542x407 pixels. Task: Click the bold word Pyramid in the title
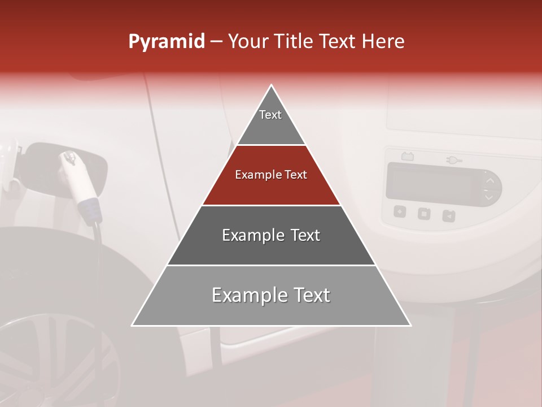pos(166,41)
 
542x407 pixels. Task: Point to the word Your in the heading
pos(248,41)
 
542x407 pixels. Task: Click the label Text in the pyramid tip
pos(270,115)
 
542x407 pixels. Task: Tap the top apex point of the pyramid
pos(272,85)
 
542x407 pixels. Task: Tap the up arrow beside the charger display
pos(489,180)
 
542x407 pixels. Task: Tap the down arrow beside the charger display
pos(489,197)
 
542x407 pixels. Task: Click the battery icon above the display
pos(406,156)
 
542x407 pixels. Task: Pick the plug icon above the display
pos(453,160)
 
